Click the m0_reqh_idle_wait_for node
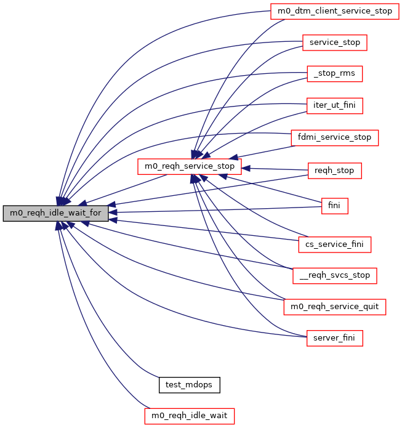(x=56, y=214)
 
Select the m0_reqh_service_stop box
(x=189, y=166)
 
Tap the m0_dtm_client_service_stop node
(x=332, y=11)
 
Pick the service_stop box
(x=335, y=42)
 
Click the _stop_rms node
(x=335, y=74)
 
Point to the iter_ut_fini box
(x=335, y=105)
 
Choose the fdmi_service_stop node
(x=335, y=137)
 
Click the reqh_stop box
(x=334, y=170)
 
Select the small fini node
(x=335, y=206)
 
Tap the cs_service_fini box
(x=335, y=244)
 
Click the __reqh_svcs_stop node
(x=334, y=275)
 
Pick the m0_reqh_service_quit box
(x=334, y=307)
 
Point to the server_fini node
(x=335, y=338)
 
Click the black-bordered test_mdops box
(x=189, y=385)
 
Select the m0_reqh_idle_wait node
(x=189, y=416)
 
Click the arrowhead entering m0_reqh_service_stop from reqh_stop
(x=246, y=168)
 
